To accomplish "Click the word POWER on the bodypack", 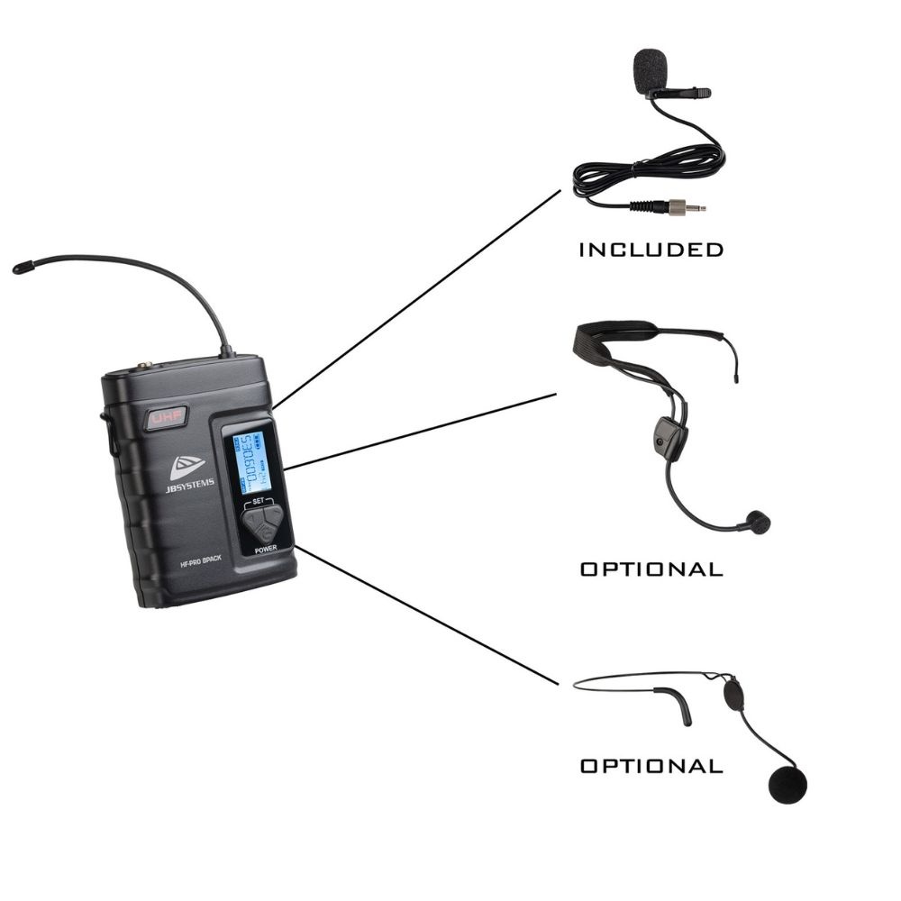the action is tap(267, 549).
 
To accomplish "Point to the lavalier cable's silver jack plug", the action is tap(693, 208).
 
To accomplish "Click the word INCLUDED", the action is tap(651, 250).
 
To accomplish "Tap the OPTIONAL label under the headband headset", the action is tap(651, 569).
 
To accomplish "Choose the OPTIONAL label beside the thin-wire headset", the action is tap(651, 767).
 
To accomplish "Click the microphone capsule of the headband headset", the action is tap(757, 522).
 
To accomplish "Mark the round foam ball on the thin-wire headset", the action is tap(787, 784).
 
